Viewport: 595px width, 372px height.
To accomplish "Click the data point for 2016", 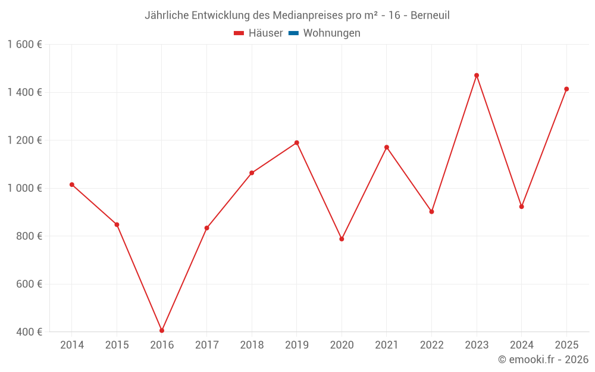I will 162,330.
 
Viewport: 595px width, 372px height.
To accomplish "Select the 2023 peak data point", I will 477,76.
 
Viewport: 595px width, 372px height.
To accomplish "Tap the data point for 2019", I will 297,143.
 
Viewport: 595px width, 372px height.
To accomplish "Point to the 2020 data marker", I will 342,239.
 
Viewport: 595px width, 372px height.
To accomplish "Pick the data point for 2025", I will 566,89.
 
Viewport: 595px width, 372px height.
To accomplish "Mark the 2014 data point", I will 72,185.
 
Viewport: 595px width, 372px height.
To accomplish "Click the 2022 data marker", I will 431,211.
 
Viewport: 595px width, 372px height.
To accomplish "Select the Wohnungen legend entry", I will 331,33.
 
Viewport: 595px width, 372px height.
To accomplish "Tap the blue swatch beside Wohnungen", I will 293,33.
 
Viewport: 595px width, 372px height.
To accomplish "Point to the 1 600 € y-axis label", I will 24,45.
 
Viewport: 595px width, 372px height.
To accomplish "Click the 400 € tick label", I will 28,332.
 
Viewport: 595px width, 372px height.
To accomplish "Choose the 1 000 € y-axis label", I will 24,188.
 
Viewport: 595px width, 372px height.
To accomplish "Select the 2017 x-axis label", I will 206,345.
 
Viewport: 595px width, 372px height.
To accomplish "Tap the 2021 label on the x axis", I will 387,345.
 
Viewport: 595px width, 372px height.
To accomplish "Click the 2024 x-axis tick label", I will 521,345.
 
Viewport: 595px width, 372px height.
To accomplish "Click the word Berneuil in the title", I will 430,15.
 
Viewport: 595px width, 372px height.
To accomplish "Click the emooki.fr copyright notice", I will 543,360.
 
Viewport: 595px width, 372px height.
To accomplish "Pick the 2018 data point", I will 252,173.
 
